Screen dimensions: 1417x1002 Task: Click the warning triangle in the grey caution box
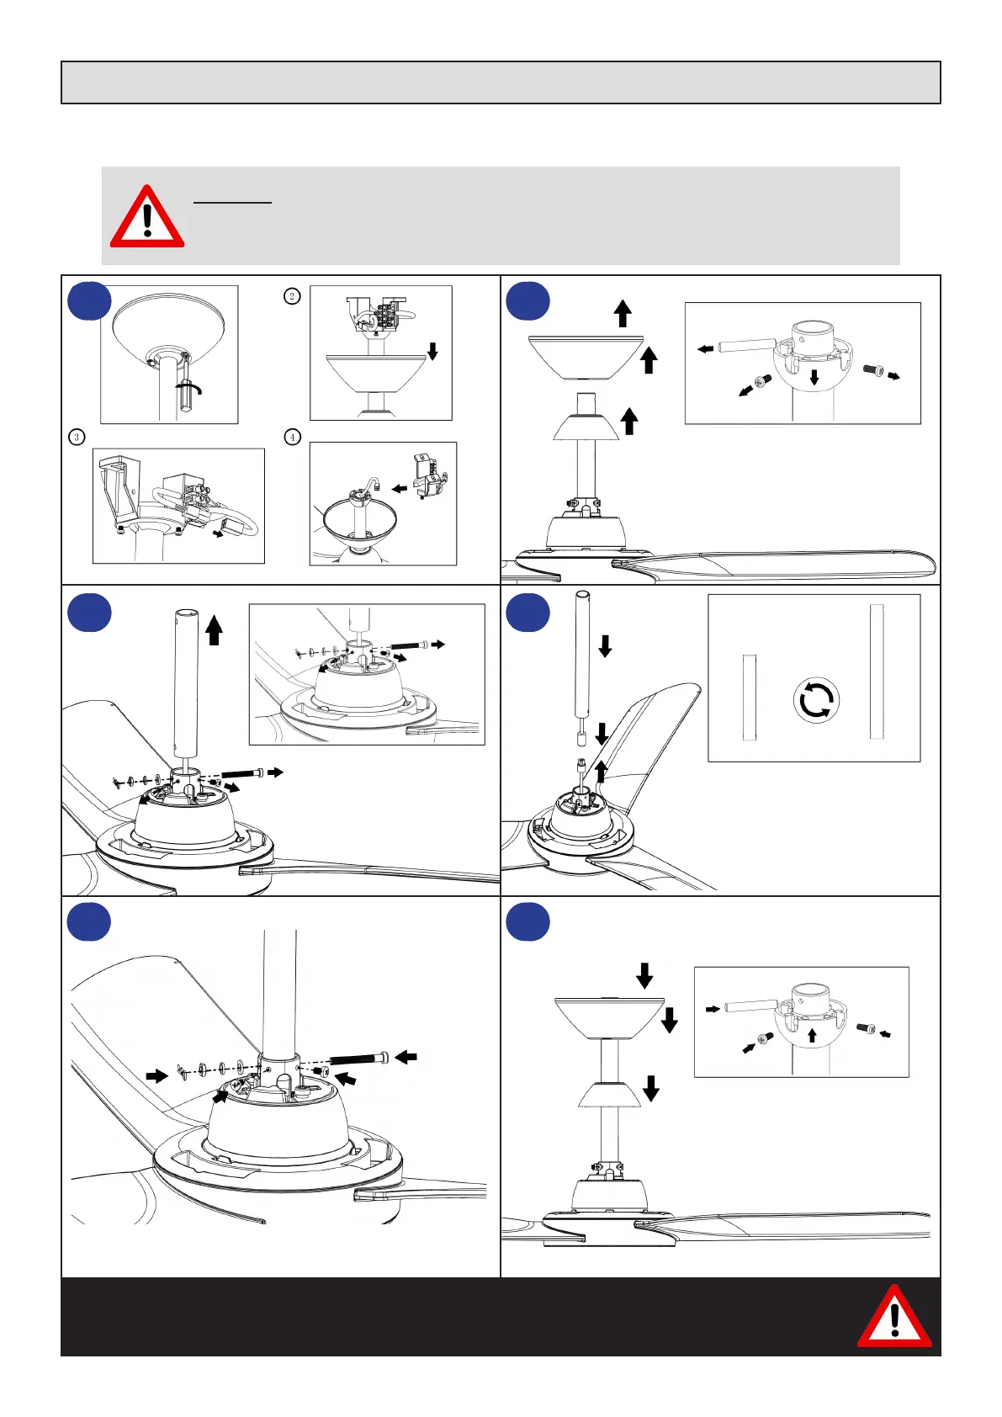click(147, 217)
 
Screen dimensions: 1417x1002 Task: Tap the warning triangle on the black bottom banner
click(893, 1317)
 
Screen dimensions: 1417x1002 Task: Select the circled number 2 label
click(292, 295)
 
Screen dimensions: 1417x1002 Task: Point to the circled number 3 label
click(77, 437)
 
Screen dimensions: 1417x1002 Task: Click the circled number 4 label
click(292, 437)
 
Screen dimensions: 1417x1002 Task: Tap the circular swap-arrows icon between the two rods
click(815, 699)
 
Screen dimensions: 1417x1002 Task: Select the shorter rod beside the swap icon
click(750, 698)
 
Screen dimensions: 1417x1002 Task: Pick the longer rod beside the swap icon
click(877, 671)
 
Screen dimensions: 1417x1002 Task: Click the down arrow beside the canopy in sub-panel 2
click(432, 350)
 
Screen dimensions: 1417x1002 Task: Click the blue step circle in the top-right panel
click(528, 301)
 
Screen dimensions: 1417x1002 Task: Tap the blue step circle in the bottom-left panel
click(88, 923)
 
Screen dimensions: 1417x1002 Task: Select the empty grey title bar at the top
click(501, 82)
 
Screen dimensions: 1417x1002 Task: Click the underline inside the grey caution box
click(232, 203)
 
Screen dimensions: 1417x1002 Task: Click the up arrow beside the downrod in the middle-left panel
click(214, 629)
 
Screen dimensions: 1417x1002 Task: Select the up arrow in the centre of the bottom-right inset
click(812, 1034)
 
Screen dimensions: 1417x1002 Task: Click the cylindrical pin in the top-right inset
click(747, 345)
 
